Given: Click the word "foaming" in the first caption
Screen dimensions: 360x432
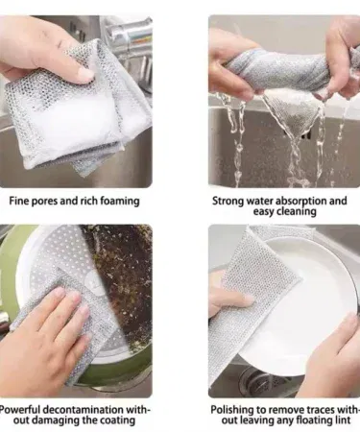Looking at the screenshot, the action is click(120, 202).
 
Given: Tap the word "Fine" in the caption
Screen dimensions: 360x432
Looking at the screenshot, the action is click(16, 201).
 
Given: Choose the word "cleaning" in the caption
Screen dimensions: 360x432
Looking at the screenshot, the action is click(297, 212).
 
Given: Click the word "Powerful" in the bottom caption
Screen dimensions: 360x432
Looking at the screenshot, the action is click(20, 410).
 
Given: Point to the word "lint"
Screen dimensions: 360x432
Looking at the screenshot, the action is click(343, 420).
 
